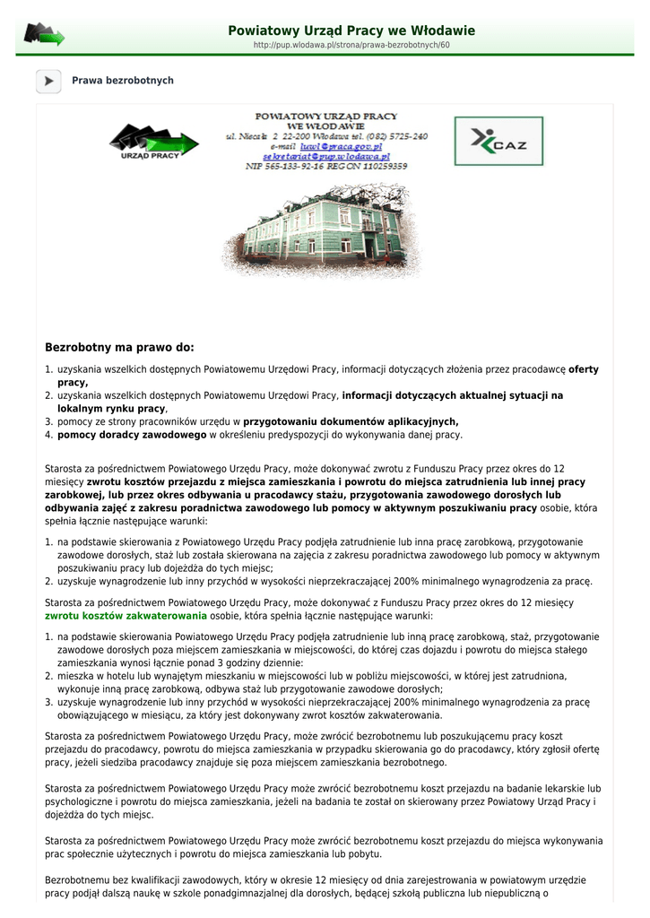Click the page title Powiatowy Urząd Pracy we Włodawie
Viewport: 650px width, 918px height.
(351, 30)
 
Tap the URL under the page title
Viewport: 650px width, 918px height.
(351, 45)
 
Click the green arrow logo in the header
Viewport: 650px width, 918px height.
(44, 35)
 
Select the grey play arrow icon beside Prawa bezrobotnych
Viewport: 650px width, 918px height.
(48, 81)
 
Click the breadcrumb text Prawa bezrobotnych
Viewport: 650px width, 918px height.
(123, 81)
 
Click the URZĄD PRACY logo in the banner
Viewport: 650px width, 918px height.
(153, 142)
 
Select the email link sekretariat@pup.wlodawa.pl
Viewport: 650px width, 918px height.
(326, 156)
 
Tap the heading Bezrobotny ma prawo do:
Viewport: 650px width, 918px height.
(119, 347)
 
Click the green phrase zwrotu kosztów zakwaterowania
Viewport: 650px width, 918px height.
(126, 616)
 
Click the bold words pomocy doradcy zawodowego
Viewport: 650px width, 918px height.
(132, 435)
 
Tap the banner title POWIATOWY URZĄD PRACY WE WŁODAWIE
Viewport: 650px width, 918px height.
(326, 121)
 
